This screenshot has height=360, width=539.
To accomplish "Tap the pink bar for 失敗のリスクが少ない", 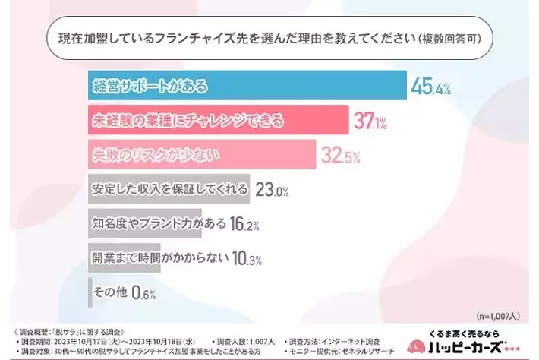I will (x=201, y=155).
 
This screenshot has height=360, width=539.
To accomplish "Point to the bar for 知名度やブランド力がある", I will (x=144, y=225).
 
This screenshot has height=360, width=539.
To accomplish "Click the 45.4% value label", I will (x=431, y=86).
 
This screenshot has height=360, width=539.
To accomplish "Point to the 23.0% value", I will (x=272, y=191).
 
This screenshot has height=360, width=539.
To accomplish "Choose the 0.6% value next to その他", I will (x=143, y=292).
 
